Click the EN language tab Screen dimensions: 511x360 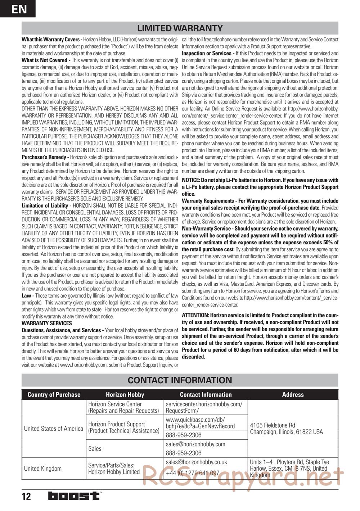pyautogui.click(x=18, y=9)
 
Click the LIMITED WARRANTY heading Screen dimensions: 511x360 pyautogui.click(x=180, y=28)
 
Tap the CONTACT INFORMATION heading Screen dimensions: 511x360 pyautogui.click(x=180, y=380)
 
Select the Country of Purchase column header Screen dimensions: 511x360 pyautogui.click(x=54, y=395)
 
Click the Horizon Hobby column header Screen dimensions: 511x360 pyautogui.click(x=125, y=395)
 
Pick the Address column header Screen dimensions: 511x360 pyautogui.click(x=293, y=395)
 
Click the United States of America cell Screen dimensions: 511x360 pyautogui.click(x=54, y=429)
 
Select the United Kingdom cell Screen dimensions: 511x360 pyautogui.click(x=43, y=469)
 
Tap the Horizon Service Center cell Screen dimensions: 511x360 pyautogui.click(x=123, y=407)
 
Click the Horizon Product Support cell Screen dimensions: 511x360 pyautogui.click(x=123, y=428)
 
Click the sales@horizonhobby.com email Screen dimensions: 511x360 pyautogui.click(x=195, y=444)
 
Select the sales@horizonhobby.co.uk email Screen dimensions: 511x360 pyautogui.click(x=197, y=462)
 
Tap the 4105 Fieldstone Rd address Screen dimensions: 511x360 pyautogui.click(x=286, y=429)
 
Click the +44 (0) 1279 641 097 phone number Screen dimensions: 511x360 pyautogui.click(x=193, y=473)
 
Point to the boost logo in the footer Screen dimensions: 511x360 pyautogui.click(x=74, y=496)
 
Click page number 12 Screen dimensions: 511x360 pyautogui.click(x=26, y=497)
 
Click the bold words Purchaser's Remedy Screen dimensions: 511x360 pyautogui.click(x=45, y=157)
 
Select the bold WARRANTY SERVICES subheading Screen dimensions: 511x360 pyautogui.click(x=47, y=323)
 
